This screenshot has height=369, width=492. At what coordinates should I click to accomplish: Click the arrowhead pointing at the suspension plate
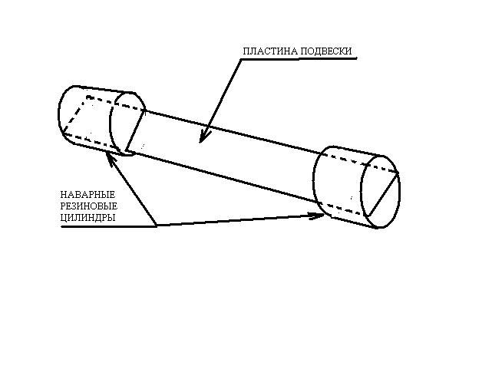(203, 138)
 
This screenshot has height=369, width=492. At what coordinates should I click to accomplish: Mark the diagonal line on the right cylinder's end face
(383, 194)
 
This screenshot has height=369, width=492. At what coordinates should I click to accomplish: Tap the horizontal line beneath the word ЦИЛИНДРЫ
(107, 226)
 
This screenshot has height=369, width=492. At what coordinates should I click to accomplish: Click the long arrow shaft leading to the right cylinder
(238, 221)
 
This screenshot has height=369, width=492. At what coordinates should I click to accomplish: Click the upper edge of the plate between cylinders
(230, 133)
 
